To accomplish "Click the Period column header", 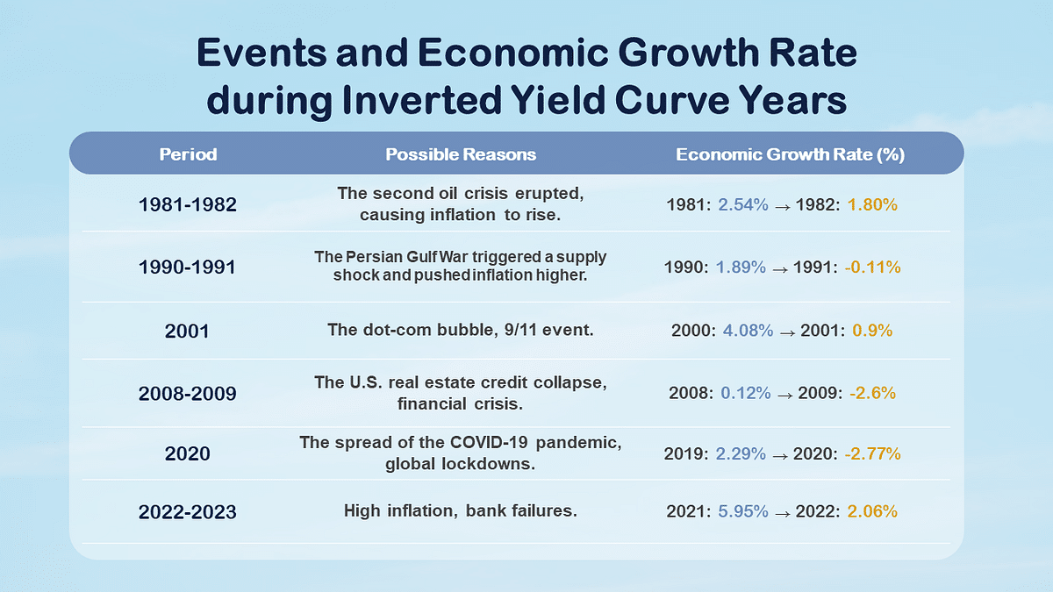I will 188,154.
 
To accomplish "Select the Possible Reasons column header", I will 461,154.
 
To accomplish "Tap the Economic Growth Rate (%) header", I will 790,154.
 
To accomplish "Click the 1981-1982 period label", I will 188,204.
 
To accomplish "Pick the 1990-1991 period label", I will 188,267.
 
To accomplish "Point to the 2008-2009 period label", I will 188,393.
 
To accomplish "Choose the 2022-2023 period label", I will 188,511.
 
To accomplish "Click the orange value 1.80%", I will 872,204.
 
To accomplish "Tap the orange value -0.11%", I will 872,267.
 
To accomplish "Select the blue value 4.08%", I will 748,332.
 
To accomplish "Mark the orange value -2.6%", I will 871,393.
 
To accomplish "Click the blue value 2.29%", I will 741,453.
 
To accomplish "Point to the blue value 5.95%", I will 742,510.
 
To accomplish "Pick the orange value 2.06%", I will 872,510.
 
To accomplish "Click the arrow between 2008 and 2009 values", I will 784,394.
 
